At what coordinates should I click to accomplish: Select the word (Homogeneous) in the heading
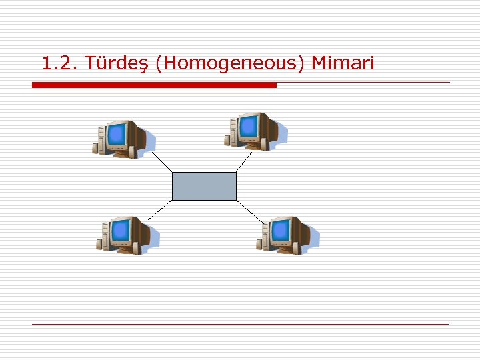click(229, 64)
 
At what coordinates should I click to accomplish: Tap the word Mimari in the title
click(343, 63)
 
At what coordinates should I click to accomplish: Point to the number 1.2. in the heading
click(60, 64)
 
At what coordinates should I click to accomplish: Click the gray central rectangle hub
click(204, 186)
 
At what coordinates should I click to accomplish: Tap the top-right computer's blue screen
click(249, 126)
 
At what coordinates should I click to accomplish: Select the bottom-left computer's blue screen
click(121, 231)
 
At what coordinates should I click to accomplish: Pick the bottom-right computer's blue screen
click(281, 231)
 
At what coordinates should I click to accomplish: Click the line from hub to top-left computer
click(161, 161)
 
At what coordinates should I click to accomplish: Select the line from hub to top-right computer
click(244, 161)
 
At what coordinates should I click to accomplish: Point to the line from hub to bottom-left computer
click(159, 210)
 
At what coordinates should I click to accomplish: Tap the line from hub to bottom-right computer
click(250, 211)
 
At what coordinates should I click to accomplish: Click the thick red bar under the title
click(154, 85)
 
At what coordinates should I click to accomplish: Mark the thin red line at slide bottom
click(240, 324)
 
